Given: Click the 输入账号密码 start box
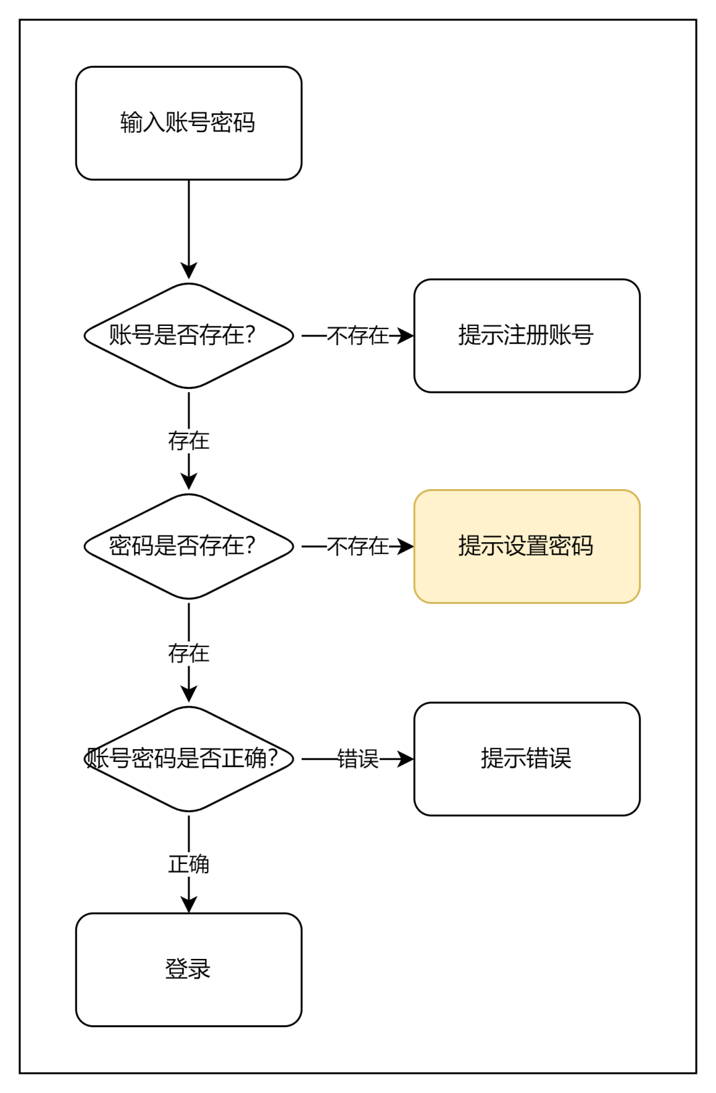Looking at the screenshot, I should pos(188,123).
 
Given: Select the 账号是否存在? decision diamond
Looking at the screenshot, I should pos(188,336).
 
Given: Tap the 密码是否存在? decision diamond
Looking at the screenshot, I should pos(188,546).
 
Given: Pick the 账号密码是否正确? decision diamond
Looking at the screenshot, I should pos(188,759).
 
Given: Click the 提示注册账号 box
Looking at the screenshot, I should pos(526,336).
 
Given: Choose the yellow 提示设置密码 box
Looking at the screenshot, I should pos(526,546).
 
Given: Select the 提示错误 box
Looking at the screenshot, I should pos(526,759).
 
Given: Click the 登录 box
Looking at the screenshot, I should pos(188,969).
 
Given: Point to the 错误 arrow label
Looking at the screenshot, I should pos(358,759).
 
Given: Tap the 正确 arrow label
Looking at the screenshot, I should pos(189,864).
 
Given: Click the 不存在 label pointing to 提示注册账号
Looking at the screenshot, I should pos(358,336).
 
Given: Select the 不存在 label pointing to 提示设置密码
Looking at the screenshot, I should pos(358,546).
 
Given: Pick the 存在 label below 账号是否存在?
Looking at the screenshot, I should pos(189,441).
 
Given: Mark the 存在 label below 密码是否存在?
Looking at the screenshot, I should pos(189,654).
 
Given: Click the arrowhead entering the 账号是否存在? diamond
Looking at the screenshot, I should pos(189,271).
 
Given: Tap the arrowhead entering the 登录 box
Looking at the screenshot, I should pos(189,905).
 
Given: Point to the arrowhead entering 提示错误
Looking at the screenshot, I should pos(405,759).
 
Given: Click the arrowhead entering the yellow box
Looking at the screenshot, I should pos(405,546).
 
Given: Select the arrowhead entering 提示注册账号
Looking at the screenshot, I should pos(405,336).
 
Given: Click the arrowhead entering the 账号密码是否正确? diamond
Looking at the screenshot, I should pos(189,694).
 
